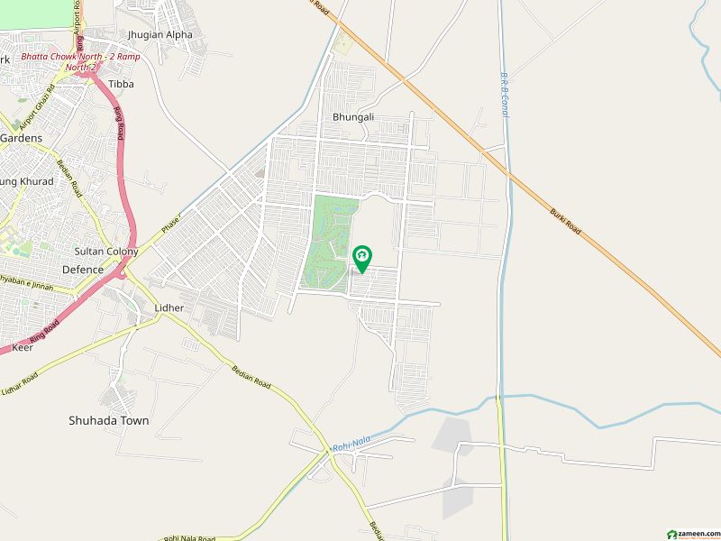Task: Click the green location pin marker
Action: [361, 259]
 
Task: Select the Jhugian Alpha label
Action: [160, 35]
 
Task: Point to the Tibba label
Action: [121, 84]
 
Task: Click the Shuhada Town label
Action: [109, 420]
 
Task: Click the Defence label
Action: [82, 269]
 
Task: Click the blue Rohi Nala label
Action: [352, 445]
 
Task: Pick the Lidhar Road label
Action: [19, 382]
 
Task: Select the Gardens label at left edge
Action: [21, 138]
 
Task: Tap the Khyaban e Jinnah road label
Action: [28, 276]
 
